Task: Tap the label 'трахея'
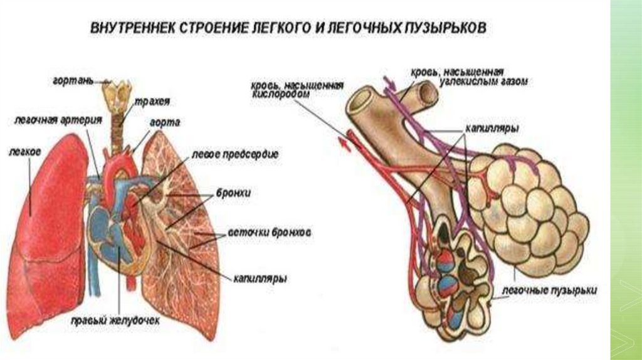pos(147,101)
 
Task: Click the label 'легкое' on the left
pos(26,151)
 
